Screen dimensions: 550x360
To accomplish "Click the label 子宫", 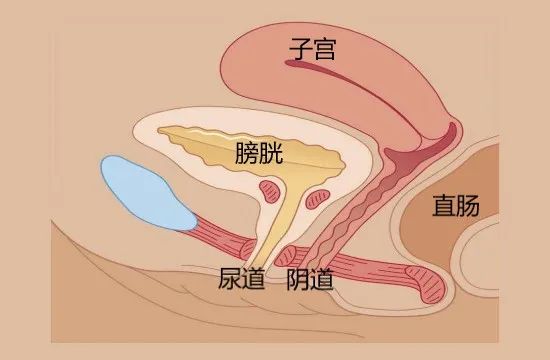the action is pyautogui.click(x=311, y=47).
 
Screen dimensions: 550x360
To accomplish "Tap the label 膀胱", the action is pyautogui.click(x=258, y=153).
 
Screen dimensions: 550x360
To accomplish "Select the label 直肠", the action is pyautogui.click(x=455, y=206).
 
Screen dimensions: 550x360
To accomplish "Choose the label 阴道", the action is pyautogui.click(x=310, y=278).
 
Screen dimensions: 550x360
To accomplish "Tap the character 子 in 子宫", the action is pyautogui.click(x=297, y=47).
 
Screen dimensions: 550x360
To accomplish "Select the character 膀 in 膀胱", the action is pyautogui.click(x=245, y=153).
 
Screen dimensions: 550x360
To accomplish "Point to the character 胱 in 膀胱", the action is pyautogui.click(x=271, y=153).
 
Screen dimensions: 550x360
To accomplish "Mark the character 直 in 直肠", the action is pyautogui.click(x=442, y=206).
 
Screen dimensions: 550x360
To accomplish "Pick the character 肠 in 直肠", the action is pyautogui.click(x=468, y=206).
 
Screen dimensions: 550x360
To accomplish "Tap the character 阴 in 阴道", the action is pyautogui.click(x=297, y=278).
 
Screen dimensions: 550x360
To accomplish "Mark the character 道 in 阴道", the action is pyautogui.click(x=323, y=278).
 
